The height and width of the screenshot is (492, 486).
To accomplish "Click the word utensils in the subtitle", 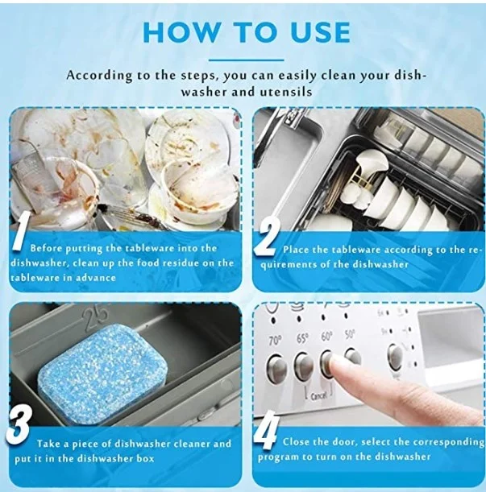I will click(289, 93).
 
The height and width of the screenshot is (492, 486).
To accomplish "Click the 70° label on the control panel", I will click(276, 339).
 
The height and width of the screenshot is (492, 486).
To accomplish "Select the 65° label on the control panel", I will click(302, 337).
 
